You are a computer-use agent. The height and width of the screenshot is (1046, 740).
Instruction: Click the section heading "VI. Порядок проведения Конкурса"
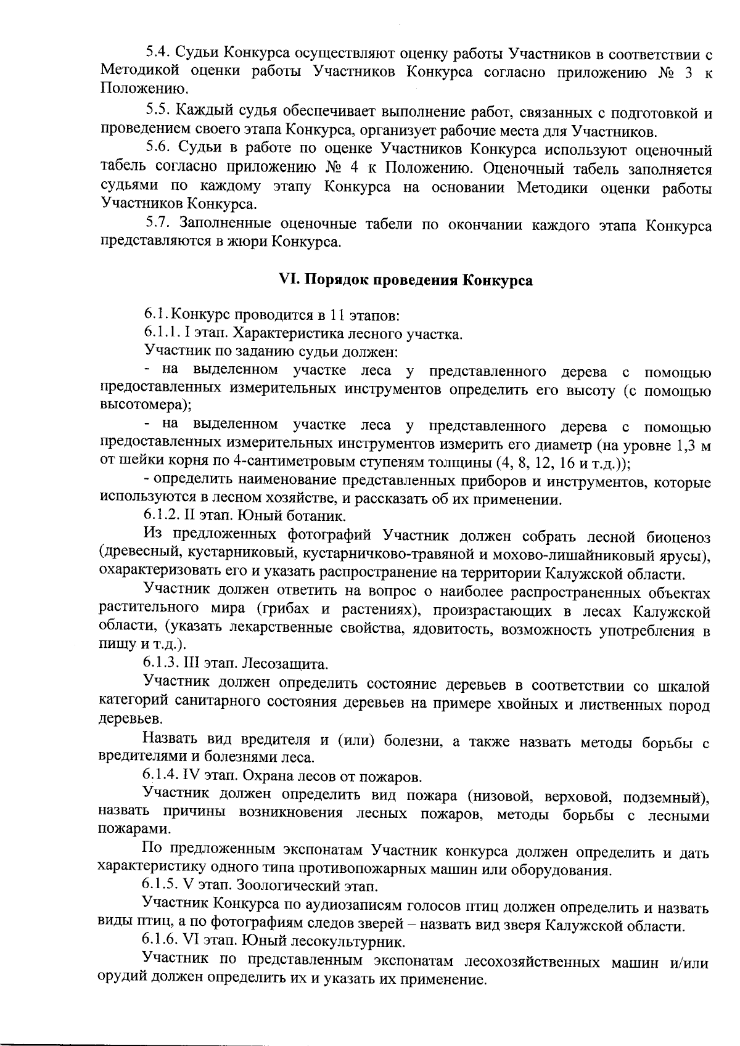pyautogui.click(x=406, y=280)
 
